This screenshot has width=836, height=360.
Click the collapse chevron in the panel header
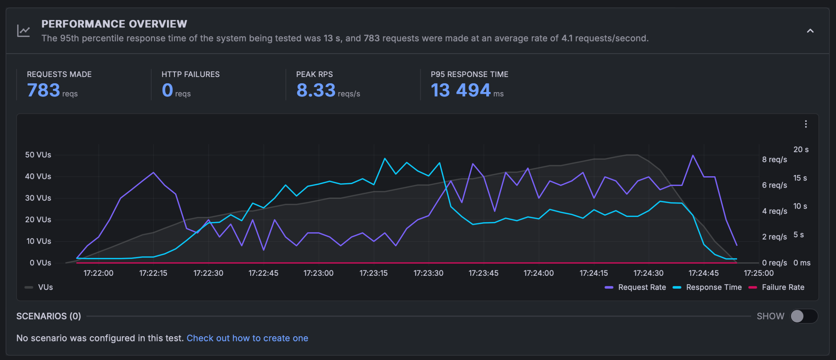tap(810, 31)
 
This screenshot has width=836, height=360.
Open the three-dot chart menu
tap(806, 124)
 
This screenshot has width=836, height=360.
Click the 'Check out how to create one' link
tap(247, 338)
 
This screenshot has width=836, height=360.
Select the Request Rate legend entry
tap(635, 287)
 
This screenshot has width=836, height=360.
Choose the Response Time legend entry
tap(707, 287)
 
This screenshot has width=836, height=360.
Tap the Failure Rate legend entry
tap(776, 287)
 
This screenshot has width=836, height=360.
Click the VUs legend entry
tap(39, 287)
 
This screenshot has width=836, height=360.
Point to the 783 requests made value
tap(44, 90)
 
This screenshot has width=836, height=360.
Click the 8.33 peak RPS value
tap(316, 90)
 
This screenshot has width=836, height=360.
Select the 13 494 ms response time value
tap(460, 90)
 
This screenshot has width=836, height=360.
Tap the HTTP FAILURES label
tap(190, 74)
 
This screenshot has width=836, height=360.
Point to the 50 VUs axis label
tap(38, 155)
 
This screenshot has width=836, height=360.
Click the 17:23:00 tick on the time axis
tap(318, 273)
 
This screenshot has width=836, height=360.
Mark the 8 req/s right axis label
tap(774, 160)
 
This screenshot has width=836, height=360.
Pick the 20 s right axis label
tap(801, 149)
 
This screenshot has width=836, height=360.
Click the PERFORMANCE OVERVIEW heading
tap(114, 24)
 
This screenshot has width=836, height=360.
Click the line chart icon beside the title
tap(24, 31)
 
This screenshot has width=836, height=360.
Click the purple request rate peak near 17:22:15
tap(153, 172)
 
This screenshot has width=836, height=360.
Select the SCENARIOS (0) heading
tap(49, 316)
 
